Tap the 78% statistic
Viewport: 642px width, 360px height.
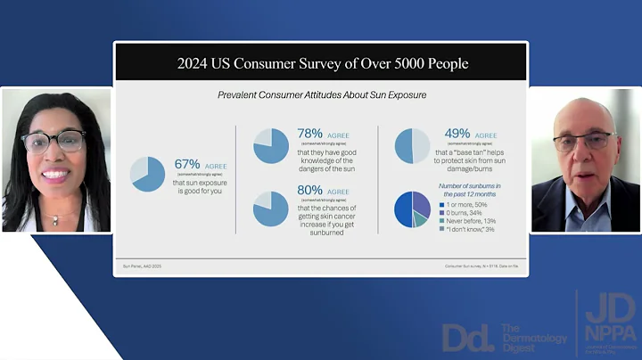click(309, 134)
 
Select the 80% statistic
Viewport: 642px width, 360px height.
click(309, 191)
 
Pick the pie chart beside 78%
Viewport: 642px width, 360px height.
click(271, 146)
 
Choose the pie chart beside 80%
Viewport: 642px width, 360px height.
click(271, 209)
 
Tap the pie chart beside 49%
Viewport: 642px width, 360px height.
click(412, 146)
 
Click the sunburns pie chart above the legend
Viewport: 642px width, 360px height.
click(412, 209)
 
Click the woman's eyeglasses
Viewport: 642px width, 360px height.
click(53, 141)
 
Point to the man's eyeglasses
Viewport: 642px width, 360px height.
click(583, 140)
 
